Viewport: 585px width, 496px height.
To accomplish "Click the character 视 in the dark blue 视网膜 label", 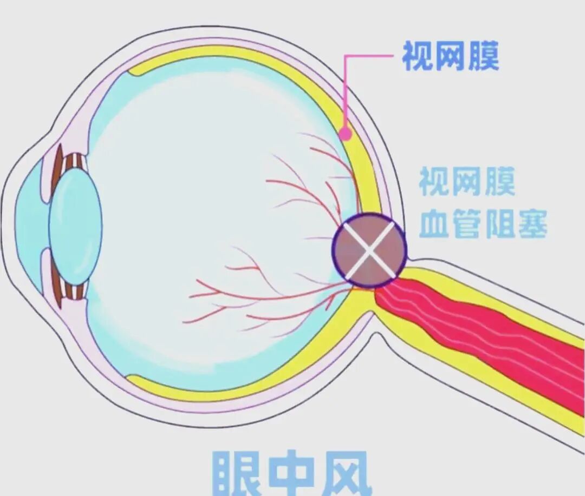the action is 418,56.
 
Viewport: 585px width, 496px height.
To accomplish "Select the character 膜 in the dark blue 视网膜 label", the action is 483,56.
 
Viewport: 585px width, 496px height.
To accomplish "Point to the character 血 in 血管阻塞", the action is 434,224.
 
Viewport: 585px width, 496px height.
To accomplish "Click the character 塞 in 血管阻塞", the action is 531,224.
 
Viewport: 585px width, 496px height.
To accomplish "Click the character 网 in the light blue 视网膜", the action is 466,182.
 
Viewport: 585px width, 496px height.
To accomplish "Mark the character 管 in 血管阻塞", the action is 467,224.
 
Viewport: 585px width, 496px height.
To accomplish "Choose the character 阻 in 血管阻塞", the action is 499,224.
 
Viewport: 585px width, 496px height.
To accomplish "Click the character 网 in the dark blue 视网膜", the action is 450,56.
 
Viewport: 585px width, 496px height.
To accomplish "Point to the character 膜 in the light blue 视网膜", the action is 499,182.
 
